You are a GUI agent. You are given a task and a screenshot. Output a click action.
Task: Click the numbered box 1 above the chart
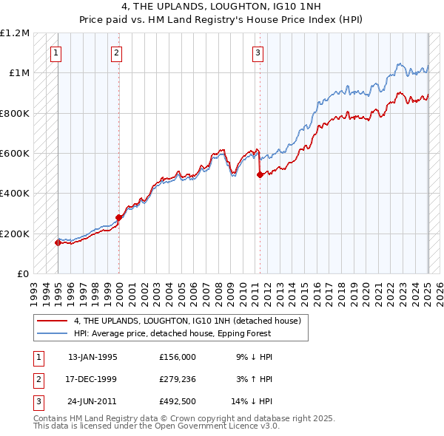pyautogui.click(x=57, y=52)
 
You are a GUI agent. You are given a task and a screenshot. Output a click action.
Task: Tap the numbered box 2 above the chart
pyautogui.click(x=117, y=52)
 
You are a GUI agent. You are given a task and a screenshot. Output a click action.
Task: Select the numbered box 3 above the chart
pyautogui.click(x=258, y=52)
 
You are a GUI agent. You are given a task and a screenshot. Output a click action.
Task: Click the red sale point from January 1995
pyautogui.click(x=58, y=242)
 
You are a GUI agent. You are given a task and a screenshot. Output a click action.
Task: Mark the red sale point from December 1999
pyautogui.click(x=118, y=217)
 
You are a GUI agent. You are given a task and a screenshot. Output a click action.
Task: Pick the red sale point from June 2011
pyautogui.click(x=260, y=175)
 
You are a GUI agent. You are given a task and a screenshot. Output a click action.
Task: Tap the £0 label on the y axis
pyautogui.click(x=22, y=273)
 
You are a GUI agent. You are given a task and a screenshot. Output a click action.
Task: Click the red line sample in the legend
pyautogui.click(x=52, y=321)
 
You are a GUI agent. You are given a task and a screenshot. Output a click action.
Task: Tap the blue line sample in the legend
pyautogui.click(x=52, y=333)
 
